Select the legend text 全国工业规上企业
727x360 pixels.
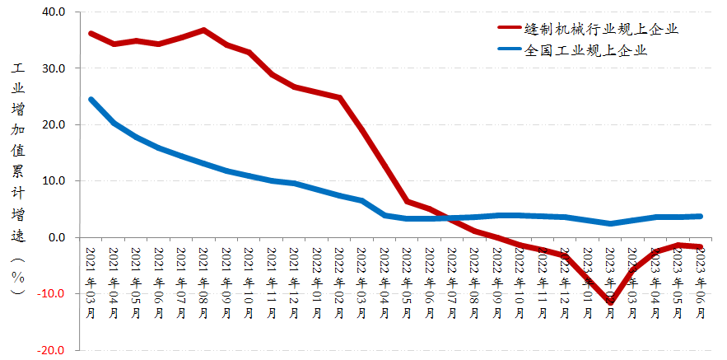point(585,50)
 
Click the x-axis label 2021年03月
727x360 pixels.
point(90,276)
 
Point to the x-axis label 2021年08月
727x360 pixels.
point(203,276)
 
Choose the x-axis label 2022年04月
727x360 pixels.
point(384,276)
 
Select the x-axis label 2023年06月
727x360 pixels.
point(700,276)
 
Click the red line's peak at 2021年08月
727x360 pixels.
point(203,30)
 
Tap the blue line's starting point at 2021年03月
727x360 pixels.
point(91,100)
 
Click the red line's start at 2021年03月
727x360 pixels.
point(91,33)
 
